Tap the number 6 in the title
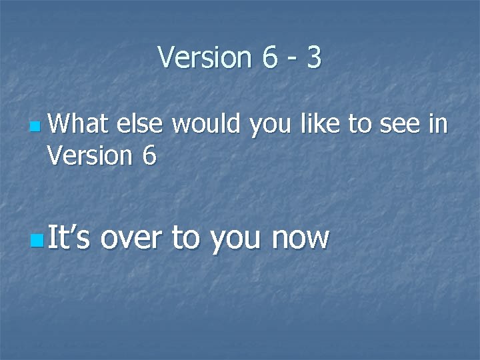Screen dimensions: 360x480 (269, 58)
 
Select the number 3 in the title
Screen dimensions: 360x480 (315, 58)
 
